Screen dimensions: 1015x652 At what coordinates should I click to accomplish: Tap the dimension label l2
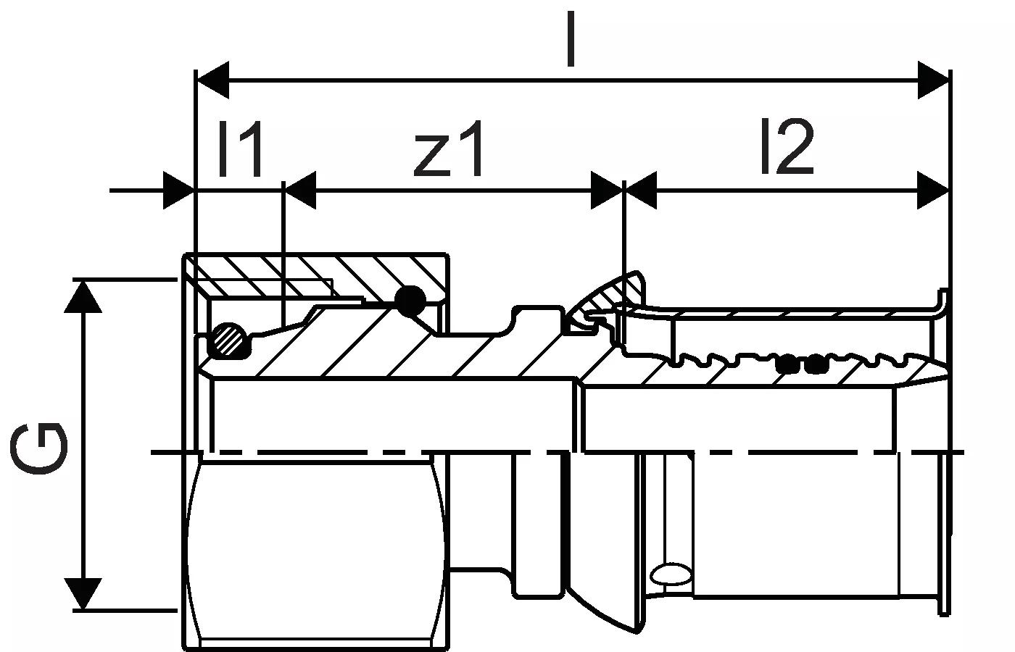coord(787,148)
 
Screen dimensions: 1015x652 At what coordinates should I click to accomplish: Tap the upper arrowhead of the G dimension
coord(83,296)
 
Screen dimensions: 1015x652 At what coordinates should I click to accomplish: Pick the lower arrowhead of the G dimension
coord(83,593)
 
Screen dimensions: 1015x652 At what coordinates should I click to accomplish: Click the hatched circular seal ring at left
coord(228,339)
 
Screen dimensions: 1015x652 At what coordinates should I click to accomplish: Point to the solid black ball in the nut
coord(410,300)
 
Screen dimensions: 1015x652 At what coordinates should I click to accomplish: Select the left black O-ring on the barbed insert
coord(784,363)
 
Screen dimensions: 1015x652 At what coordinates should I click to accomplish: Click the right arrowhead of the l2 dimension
coord(934,191)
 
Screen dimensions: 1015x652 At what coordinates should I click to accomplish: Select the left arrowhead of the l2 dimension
coord(639,191)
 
